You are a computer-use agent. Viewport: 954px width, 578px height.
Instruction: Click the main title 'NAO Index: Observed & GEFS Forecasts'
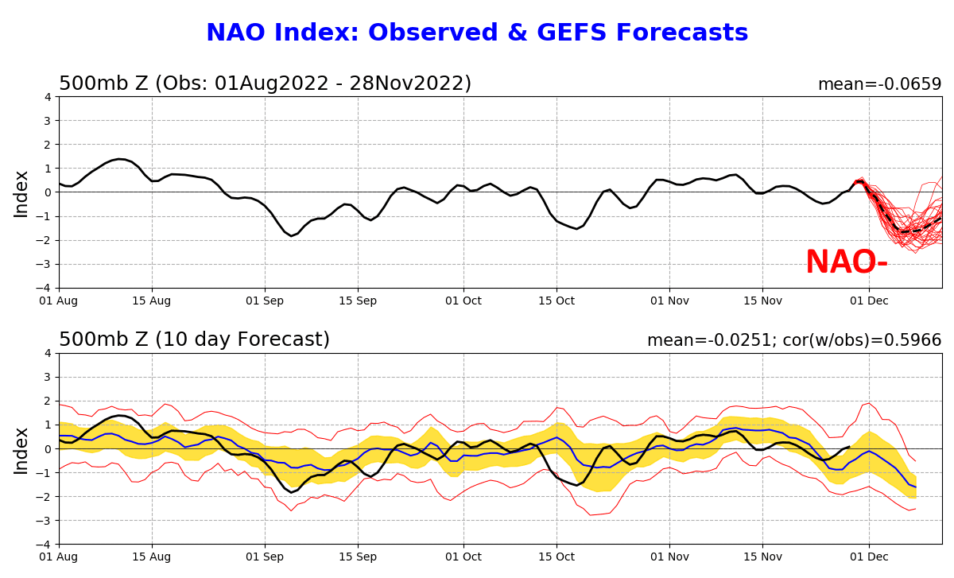477,33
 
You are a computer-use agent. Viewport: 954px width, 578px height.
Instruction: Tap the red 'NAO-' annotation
846,263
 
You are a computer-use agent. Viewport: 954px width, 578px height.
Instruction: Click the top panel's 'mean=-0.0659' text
879,84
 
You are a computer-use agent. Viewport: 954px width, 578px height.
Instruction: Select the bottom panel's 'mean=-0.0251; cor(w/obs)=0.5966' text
794,340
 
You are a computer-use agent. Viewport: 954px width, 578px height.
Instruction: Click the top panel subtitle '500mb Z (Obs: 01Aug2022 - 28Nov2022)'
265,84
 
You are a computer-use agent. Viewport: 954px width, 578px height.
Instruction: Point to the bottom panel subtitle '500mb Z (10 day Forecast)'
194,340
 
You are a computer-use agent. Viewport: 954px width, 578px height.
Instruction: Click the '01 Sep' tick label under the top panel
264,301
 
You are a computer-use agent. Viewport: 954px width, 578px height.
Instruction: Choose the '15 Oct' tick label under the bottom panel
556,557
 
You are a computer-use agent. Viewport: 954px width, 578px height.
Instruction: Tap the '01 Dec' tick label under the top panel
868,301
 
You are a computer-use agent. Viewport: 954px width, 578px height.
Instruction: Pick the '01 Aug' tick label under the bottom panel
59,557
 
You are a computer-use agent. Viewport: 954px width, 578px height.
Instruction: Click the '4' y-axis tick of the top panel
48,97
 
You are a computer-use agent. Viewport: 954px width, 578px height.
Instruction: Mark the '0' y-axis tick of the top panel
48,192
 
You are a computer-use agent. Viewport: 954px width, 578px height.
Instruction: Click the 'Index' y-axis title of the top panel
21,193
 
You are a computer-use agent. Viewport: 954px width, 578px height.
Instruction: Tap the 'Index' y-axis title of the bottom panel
21,449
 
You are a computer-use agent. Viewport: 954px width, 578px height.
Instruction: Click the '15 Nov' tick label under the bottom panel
762,557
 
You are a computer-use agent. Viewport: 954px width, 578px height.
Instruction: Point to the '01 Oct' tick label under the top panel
463,301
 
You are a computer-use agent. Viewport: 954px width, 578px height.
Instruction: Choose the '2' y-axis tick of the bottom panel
48,401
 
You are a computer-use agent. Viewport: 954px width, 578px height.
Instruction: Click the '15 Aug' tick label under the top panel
152,301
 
